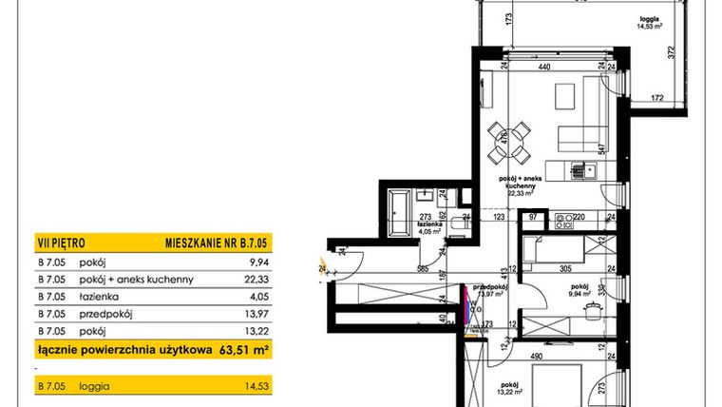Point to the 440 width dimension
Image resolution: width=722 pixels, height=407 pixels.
point(544,68)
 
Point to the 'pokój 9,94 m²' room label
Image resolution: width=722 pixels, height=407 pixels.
point(580,289)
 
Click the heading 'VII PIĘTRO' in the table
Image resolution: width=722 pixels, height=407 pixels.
point(59,244)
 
